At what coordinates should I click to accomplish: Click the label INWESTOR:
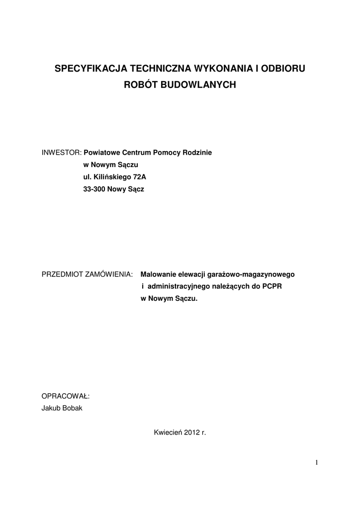(x=61, y=153)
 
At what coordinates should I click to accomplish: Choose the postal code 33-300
(x=94, y=189)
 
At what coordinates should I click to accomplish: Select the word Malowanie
(x=159, y=274)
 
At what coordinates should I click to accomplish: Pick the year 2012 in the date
(x=191, y=433)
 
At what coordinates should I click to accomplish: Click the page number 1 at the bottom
(x=316, y=463)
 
